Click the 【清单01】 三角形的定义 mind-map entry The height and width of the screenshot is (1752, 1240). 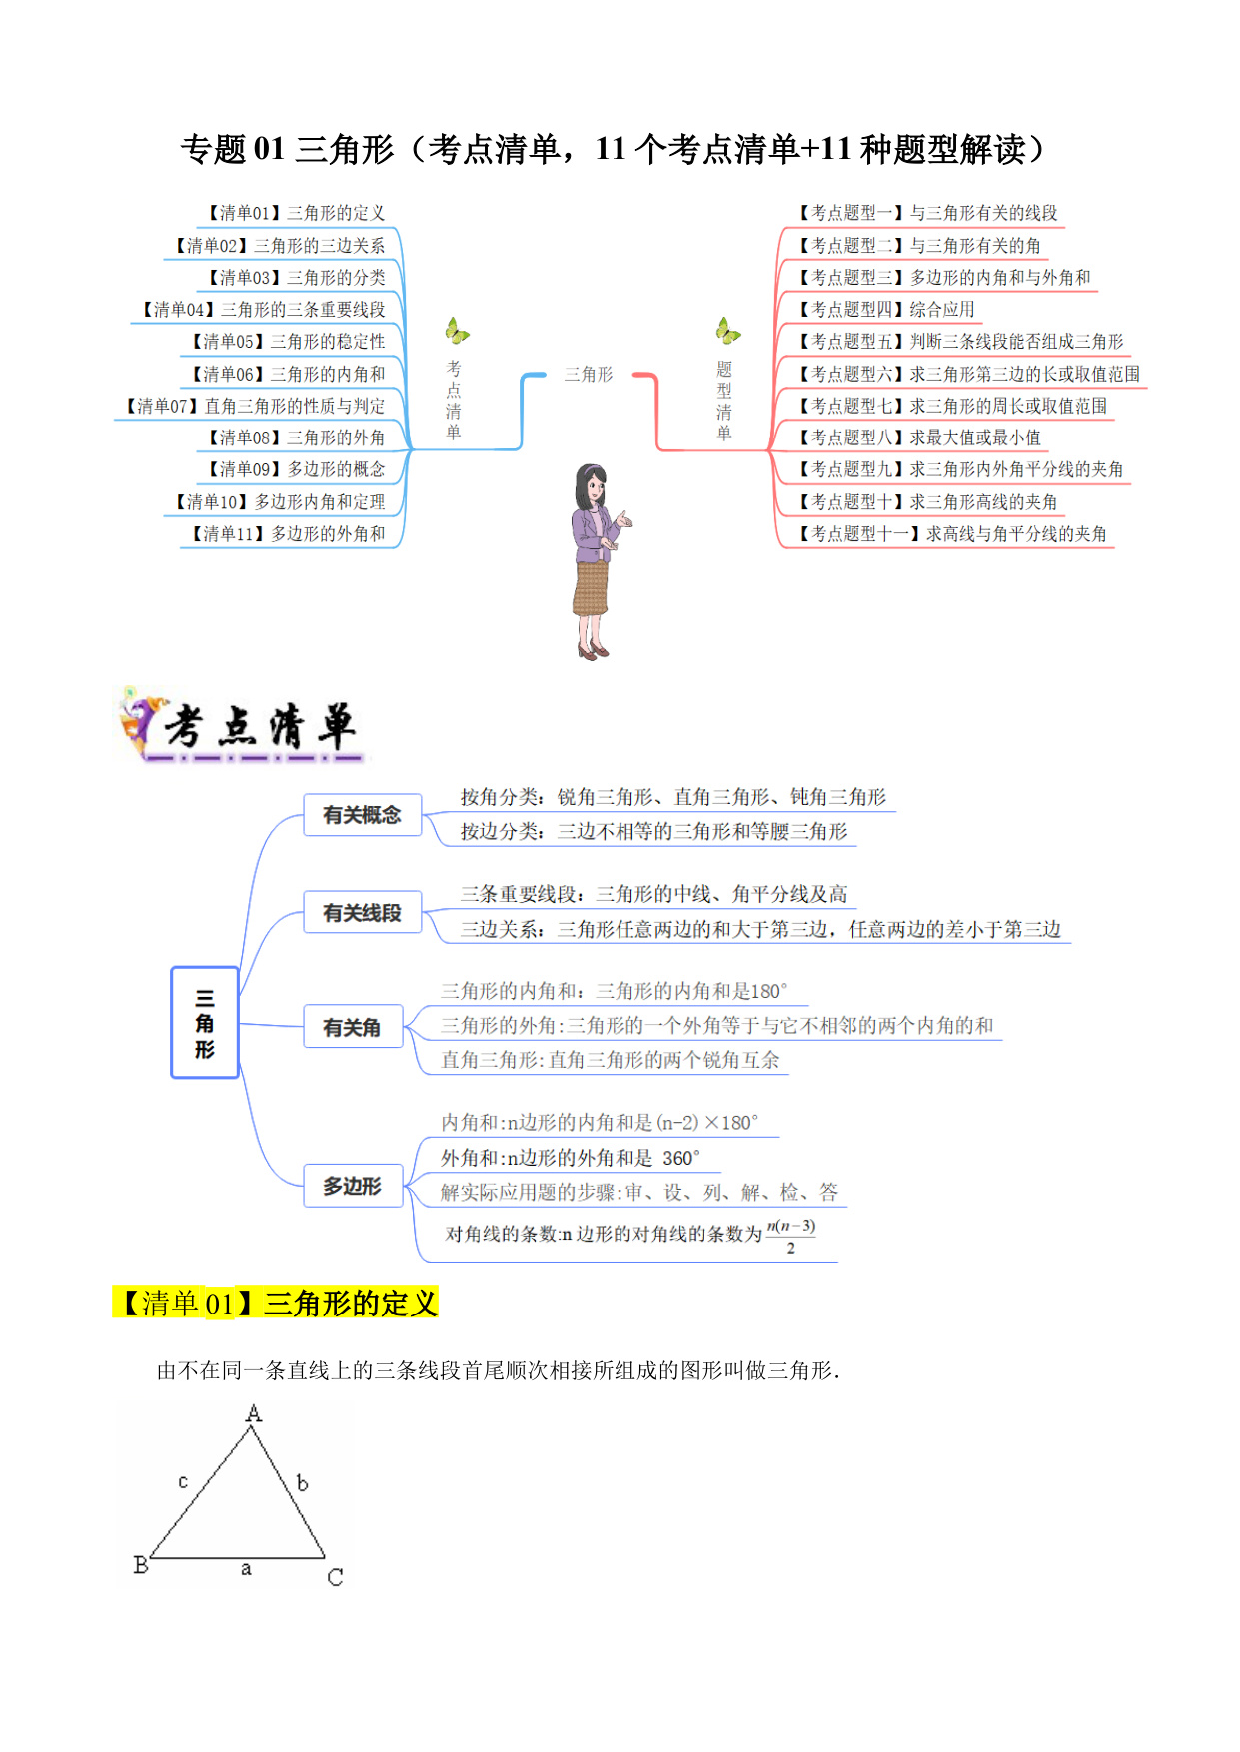(x=296, y=213)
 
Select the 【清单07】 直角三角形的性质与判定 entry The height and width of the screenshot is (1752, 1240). (x=255, y=406)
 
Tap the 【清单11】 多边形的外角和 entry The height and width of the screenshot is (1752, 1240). (x=288, y=534)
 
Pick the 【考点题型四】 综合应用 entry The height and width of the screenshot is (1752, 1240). (x=886, y=310)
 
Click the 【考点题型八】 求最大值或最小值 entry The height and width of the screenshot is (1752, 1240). (x=919, y=438)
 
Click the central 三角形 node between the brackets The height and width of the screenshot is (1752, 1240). (x=589, y=374)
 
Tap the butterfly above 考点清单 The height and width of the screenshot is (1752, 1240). (x=457, y=330)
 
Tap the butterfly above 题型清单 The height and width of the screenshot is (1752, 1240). (x=728, y=330)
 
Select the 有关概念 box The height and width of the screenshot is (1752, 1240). (x=362, y=815)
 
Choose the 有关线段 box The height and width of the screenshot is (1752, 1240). (x=362, y=913)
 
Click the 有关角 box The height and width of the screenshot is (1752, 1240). (x=352, y=1027)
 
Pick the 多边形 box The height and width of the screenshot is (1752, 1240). (x=352, y=1186)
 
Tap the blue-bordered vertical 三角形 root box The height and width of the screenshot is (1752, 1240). (x=205, y=1023)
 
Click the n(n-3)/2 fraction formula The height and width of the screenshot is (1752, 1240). (x=790, y=1236)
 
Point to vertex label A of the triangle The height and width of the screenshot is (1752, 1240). (x=254, y=1413)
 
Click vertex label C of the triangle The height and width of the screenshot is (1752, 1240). (x=335, y=1577)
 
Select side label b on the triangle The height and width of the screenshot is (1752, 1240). (x=302, y=1483)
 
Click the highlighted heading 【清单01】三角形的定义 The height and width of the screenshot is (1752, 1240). (x=276, y=1304)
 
